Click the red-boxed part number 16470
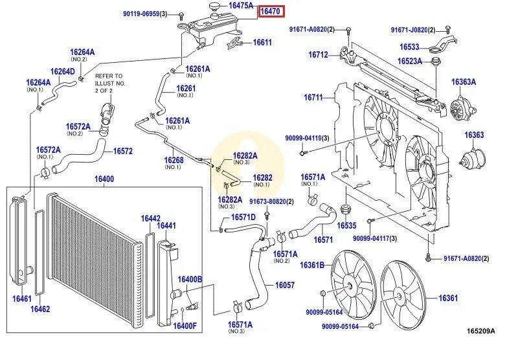click(269, 11)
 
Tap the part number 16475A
click(241, 5)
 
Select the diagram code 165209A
click(480, 331)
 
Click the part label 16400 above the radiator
click(104, 179)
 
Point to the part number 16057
click(285, 285)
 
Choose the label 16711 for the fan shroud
click(313, 98)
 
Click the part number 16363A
click(464, 82)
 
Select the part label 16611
click(262, 43)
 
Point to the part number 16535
click(346, 226)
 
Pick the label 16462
click(40, 309)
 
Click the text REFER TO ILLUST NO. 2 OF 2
click(110, 84)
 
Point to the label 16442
click(151, 219)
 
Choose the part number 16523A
click(410, 62)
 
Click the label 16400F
click(185, 325)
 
